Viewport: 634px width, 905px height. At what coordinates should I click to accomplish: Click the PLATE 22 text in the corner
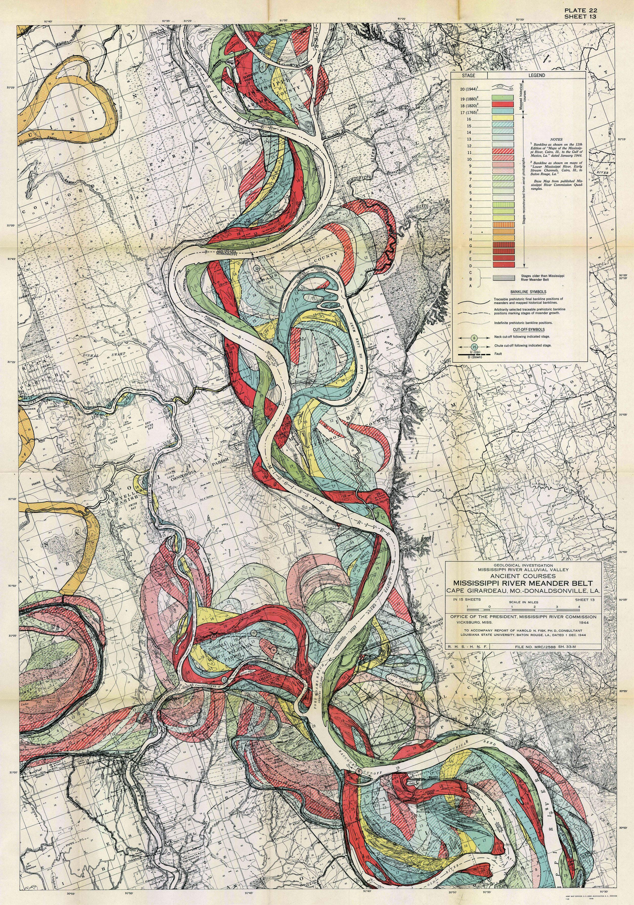coord(580,11)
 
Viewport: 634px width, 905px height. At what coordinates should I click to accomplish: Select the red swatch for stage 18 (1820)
coord(502,104)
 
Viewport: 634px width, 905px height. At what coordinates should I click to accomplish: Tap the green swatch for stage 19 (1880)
coord(502,97)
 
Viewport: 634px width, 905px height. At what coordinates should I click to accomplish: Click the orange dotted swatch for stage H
coord(502,239)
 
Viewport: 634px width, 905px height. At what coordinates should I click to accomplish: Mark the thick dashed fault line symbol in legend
coord(474,354)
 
